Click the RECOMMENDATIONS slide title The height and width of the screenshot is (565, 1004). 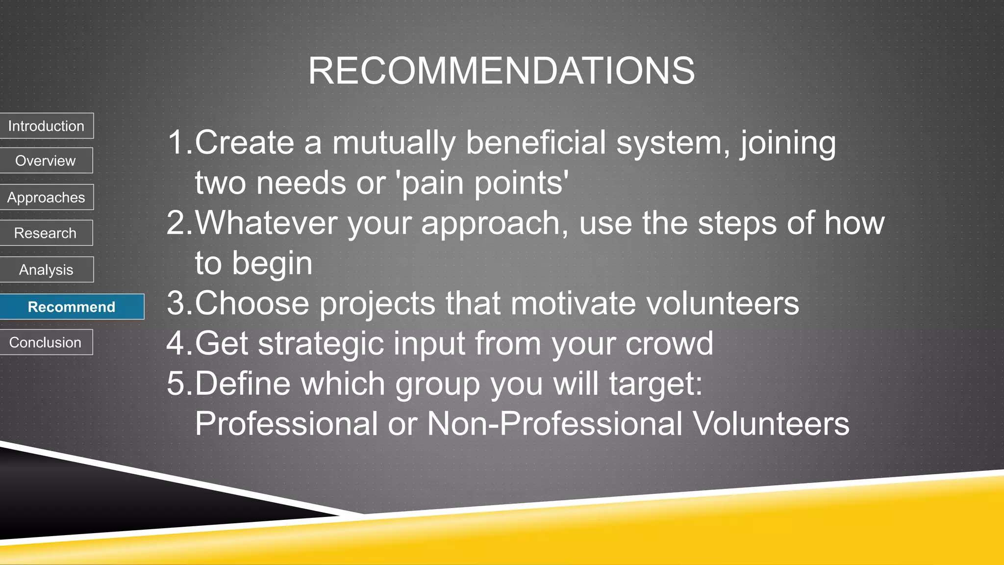[501, 71]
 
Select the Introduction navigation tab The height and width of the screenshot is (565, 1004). [46, 126]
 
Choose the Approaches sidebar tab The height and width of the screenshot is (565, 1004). [46, 197]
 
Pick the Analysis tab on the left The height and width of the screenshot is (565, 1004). [46, 270]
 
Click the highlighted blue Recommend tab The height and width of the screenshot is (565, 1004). [72, 307]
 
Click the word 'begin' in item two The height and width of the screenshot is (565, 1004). [272, 264]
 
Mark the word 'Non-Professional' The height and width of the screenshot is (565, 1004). [554, 424]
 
